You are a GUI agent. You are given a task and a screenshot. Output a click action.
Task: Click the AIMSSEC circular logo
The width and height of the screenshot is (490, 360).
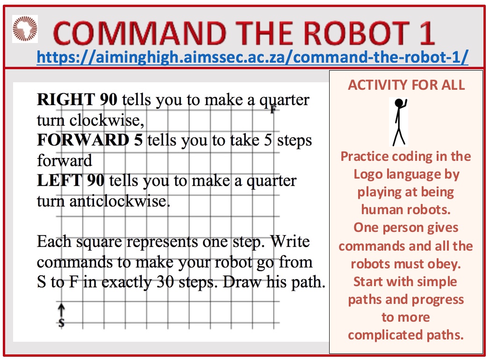25,29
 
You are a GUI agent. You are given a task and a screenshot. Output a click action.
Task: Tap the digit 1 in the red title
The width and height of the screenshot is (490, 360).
427,33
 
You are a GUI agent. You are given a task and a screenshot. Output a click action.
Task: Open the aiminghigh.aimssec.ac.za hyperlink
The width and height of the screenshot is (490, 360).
252,57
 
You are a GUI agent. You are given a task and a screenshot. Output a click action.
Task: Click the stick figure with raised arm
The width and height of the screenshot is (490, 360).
399,122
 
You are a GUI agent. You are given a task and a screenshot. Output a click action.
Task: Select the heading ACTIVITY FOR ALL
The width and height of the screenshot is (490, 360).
406,85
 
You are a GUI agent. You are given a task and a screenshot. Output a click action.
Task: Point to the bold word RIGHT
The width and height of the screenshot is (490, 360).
66,100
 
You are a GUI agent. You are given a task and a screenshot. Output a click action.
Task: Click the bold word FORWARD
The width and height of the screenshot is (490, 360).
83,140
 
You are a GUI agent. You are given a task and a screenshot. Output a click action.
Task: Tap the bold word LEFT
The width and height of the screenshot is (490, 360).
59,180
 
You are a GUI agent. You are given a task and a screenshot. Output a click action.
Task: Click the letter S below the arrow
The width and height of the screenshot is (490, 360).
62,323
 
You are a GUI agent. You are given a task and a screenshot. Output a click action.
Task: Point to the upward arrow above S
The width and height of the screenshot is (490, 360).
62,310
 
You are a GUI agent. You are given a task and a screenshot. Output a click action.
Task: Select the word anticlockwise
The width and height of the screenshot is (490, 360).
120,201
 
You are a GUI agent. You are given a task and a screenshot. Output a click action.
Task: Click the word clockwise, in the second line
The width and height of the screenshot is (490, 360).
107,120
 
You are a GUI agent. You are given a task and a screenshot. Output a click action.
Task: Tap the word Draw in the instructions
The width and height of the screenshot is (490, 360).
242,282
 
